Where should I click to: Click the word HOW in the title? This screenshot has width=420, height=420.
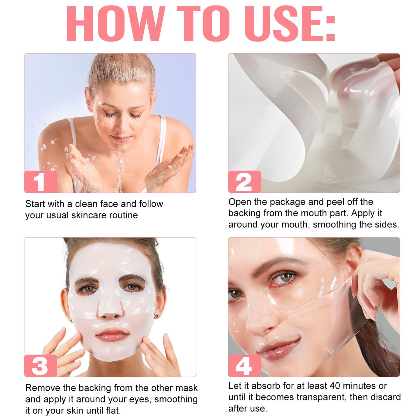point(115,24)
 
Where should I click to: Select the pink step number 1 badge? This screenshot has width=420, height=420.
point(40,182)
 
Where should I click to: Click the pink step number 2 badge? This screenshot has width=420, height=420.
point(244,182)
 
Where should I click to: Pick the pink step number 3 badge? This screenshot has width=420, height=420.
point(40,366)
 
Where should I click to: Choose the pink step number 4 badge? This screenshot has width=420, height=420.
point(244,366)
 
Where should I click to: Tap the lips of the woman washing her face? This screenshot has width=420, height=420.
point(121,139)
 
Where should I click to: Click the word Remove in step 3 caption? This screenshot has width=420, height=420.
point(43,388)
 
